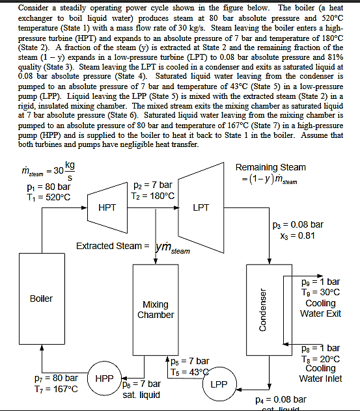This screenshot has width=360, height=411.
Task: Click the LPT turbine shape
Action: (201, 207)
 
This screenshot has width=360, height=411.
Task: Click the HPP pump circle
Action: (105, 378)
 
